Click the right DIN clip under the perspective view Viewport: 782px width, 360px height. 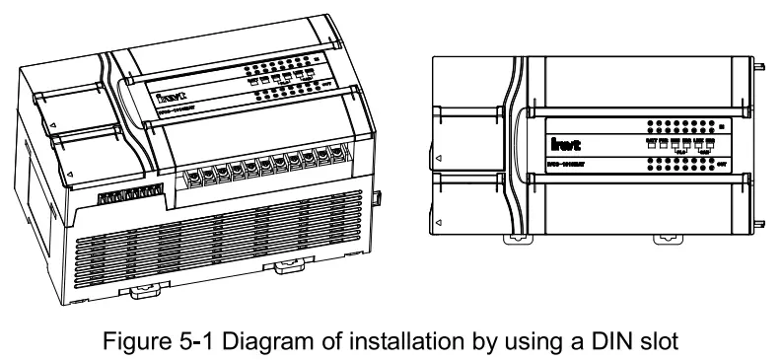[290, 267]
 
